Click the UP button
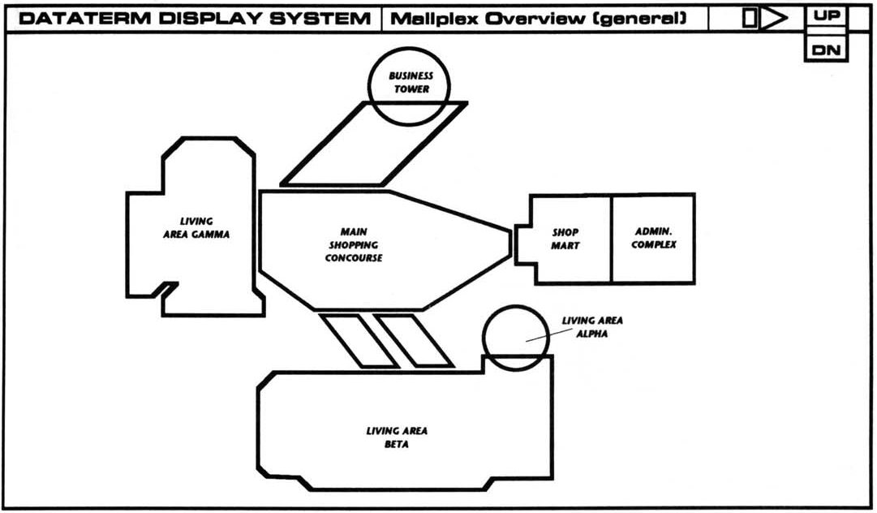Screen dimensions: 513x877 pyautogui.click(x=827, y=15)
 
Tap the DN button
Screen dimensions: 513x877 pyautogui.click(x=827, y=50)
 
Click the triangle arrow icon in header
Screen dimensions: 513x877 pyautogui.click(x=774, y=18)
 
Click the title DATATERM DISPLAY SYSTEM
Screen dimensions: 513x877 pyautogui.click(x=193, y=18)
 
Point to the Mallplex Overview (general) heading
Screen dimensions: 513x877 pyautogui.click(x=538, y=18)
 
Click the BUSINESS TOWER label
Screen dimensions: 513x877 pyautogui.click(x=411, y=83)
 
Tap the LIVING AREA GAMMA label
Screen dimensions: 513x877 pyautogui.click(x=196, y=228)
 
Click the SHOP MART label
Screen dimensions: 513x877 pyautogui.click(x=565, y=239)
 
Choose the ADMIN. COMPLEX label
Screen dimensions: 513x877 pyautogui.click(x=654, y=238)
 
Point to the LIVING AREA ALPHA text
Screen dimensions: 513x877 pyautogui.click(x=592, y=326)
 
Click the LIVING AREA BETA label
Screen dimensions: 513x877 pyautogui.click(x=397, y=438)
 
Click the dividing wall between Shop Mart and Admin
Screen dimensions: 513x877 pyautogui.click(x=611, y=239)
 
